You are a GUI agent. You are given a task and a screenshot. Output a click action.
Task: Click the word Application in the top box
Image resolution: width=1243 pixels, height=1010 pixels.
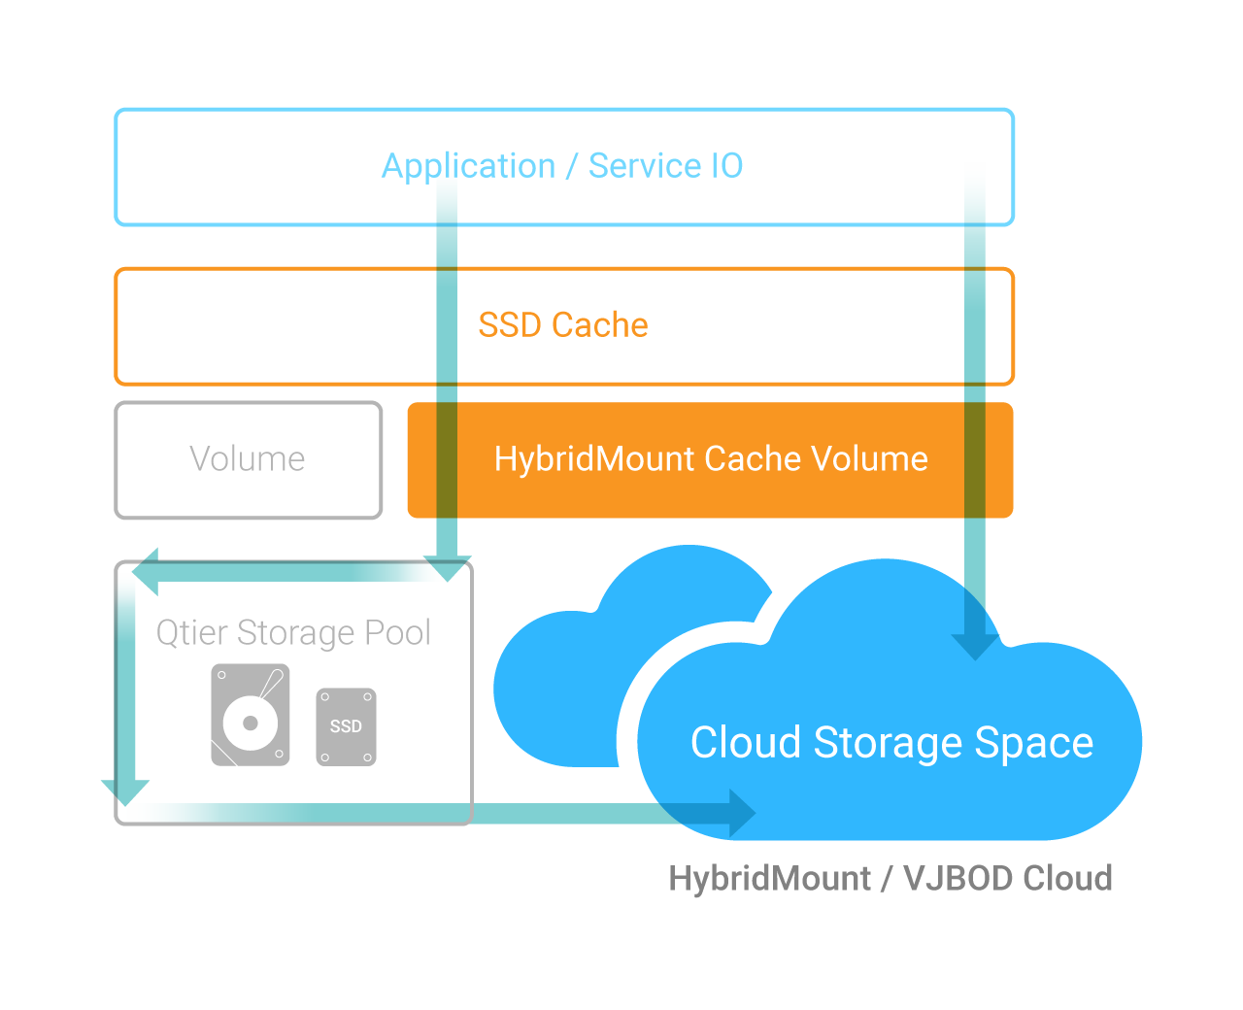tap(467, 166)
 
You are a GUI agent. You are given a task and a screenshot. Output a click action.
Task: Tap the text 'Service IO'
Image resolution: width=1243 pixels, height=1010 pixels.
tap(666, 166)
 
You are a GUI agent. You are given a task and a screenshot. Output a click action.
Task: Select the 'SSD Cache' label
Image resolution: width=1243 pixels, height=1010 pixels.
tap(563, 325)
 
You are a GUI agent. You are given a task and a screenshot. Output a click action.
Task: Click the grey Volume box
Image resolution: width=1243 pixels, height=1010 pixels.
tap(248, 459)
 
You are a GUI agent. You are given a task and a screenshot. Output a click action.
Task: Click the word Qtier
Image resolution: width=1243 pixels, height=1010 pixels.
tap(192, 633)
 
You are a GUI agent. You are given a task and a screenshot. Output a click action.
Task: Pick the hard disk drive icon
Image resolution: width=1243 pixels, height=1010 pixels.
tap(251, 715)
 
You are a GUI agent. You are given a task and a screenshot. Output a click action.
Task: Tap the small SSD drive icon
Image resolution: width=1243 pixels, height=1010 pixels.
tap(346, 726)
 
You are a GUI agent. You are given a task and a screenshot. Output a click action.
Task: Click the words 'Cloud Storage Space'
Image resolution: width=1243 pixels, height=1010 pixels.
tap(891, 743)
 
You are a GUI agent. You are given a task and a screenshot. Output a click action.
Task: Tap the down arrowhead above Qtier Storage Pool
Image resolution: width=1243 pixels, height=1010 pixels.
tap(447, 568)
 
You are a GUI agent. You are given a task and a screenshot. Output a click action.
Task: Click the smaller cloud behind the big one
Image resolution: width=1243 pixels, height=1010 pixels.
tap(563, 680)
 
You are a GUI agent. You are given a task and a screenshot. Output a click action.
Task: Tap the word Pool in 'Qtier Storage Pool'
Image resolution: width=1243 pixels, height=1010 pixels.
tap(397, 633)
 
